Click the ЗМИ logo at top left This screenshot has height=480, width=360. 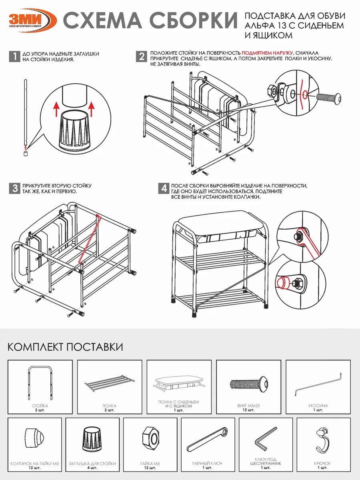[x=31, y=20]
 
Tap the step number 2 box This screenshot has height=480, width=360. [x=141, y=56]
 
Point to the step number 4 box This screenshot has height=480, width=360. [x=163, y=188]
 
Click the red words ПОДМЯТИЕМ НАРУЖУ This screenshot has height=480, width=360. [x=267, y=53]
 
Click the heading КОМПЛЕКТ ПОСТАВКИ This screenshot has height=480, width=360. [x=65, y=346]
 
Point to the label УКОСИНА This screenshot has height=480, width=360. [x=318, y=406]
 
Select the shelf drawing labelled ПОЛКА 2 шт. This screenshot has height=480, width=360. [x=109, y=383]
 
